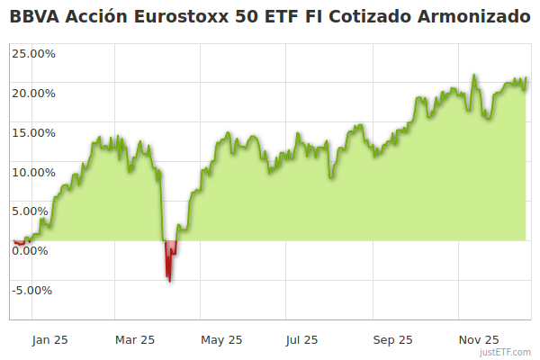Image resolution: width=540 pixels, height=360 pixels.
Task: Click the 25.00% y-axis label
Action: (x=33, y=53)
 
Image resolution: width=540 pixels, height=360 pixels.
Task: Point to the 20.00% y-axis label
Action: (x=33, y=93)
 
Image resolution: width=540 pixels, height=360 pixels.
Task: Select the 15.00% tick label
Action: (x=33, y=132)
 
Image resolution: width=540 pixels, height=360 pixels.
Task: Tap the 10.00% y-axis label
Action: (x=33, y=172)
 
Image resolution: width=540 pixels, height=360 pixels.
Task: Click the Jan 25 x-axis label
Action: (x=49, y=340)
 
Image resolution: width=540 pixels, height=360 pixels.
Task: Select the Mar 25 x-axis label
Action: (x=136, y=340)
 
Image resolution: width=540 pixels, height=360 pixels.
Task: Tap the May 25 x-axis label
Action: (x=221, y=340)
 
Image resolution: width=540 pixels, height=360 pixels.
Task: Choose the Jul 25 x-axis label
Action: (x=301, y=340)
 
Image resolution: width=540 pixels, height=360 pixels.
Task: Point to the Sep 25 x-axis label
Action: (x=392, y=340)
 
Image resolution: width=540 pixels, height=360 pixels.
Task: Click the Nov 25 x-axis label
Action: (x=478, y=340)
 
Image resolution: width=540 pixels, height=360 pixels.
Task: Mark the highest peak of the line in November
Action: (x=473, y=76)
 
